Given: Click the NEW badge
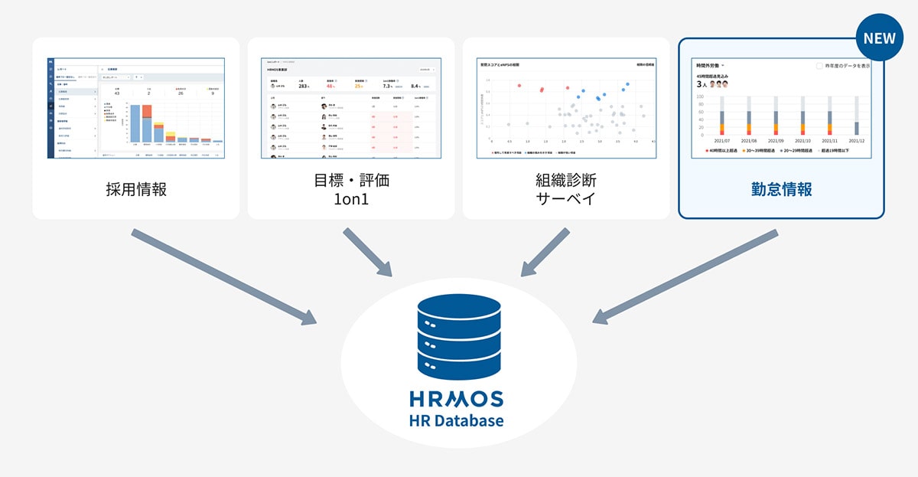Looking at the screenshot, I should click(879, 38).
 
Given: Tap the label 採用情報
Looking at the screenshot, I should click(136, 189).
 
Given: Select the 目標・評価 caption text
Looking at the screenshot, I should click(351, 181).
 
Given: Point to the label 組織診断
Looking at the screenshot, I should click(566, 181).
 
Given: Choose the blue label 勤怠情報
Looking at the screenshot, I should click(781, 189).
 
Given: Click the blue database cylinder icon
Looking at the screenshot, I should click(459, 338).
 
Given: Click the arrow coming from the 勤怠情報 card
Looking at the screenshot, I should click(685, 276).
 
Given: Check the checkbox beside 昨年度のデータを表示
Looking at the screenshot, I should click(820, 66).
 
